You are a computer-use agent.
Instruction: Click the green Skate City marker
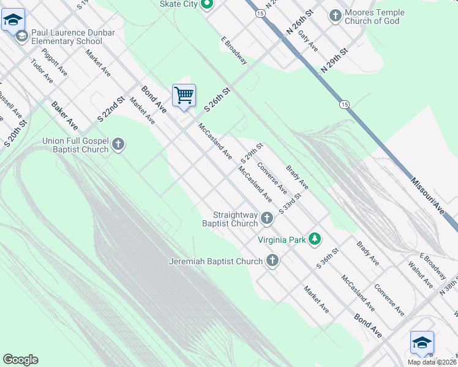[x=207, y=6]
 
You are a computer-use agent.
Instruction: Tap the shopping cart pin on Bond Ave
[x=184, y=96]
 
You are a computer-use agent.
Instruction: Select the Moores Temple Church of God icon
[x=336, y=16]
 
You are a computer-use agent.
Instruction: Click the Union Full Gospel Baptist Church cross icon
[x=119, y=145]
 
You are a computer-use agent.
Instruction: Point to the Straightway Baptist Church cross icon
[x=267, y=218]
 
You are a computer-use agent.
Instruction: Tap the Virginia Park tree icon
[x=315, y=239]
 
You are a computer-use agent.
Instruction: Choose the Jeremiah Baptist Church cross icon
[x=272, y=261]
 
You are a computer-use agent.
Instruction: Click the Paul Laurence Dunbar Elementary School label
[x=58, y=37]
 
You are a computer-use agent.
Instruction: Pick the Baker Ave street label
[x=65, y=116]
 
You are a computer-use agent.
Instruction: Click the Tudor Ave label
[x=42, y=71]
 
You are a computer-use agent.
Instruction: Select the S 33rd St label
[x=291, y=202]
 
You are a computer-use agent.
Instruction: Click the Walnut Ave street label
[x=419, y=274]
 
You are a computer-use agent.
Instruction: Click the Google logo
[x=20, y=360]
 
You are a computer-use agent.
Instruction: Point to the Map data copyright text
[x=432, y=362]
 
